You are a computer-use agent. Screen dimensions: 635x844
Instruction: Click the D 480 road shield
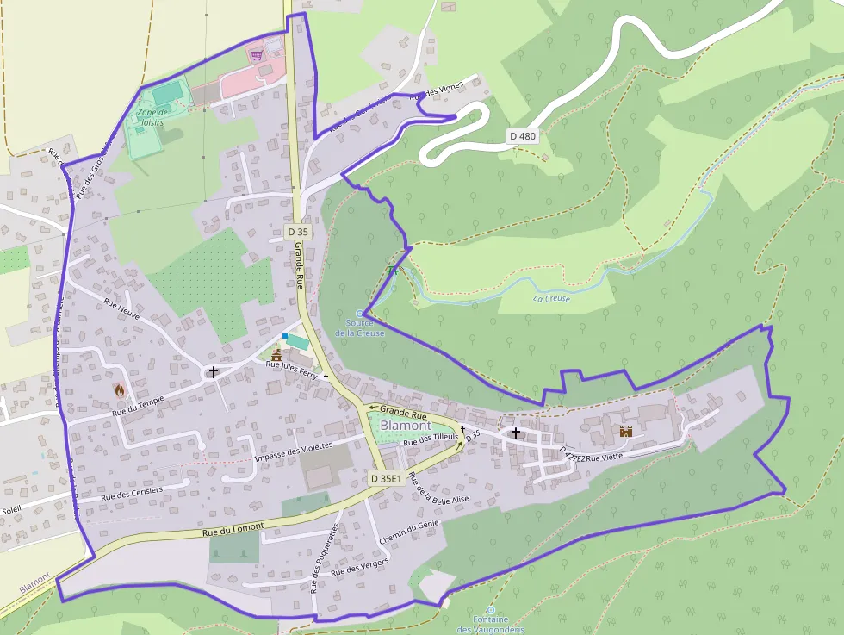[x=523, y=135]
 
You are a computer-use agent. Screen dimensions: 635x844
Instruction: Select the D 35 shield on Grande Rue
[x=298, y=232]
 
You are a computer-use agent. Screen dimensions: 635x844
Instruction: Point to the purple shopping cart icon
[x=257, y=56]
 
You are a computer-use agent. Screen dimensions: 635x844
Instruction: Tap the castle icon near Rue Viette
[x=626, y=432]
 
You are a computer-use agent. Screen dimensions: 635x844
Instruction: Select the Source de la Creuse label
[x=359, y=327]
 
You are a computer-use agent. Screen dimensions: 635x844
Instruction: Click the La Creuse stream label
[x=551, y=299]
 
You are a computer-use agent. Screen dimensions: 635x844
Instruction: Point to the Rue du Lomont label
[x=233, y=532]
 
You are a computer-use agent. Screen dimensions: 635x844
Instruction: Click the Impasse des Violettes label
[x=293, y=451]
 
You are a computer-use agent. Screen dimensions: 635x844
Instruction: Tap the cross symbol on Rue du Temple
[x=213, y=372]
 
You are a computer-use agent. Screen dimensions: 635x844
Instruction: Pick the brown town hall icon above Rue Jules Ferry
[x=276, y=354]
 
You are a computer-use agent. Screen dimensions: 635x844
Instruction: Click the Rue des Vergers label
[x=360, y=565]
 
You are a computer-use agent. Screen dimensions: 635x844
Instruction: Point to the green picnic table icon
[x=394, y=271]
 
